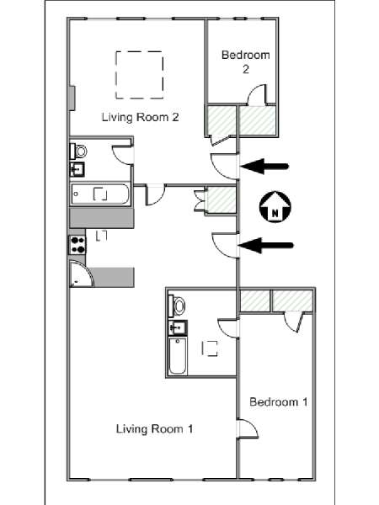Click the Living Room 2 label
coord(140,117)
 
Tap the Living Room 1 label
coord(154,428)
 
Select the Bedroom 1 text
coord(279,401)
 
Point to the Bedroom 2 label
coord(246,61)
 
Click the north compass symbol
coord(275,207)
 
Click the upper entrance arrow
coord(264,167)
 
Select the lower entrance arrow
coord(265,246)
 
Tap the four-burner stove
coord(77,245)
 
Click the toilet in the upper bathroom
coord(78,151)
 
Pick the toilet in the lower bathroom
coord(177,306)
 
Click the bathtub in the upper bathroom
coord(100,194)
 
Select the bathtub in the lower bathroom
coord(178,355)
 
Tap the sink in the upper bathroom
coord(77,169)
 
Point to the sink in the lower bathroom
coord(178,327)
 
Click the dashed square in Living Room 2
coord(140,75)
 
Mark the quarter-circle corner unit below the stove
coord(82,274)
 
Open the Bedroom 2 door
coord(257,94)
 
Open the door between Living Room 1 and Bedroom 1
coord(247,428)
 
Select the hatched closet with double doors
coord(220,199)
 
